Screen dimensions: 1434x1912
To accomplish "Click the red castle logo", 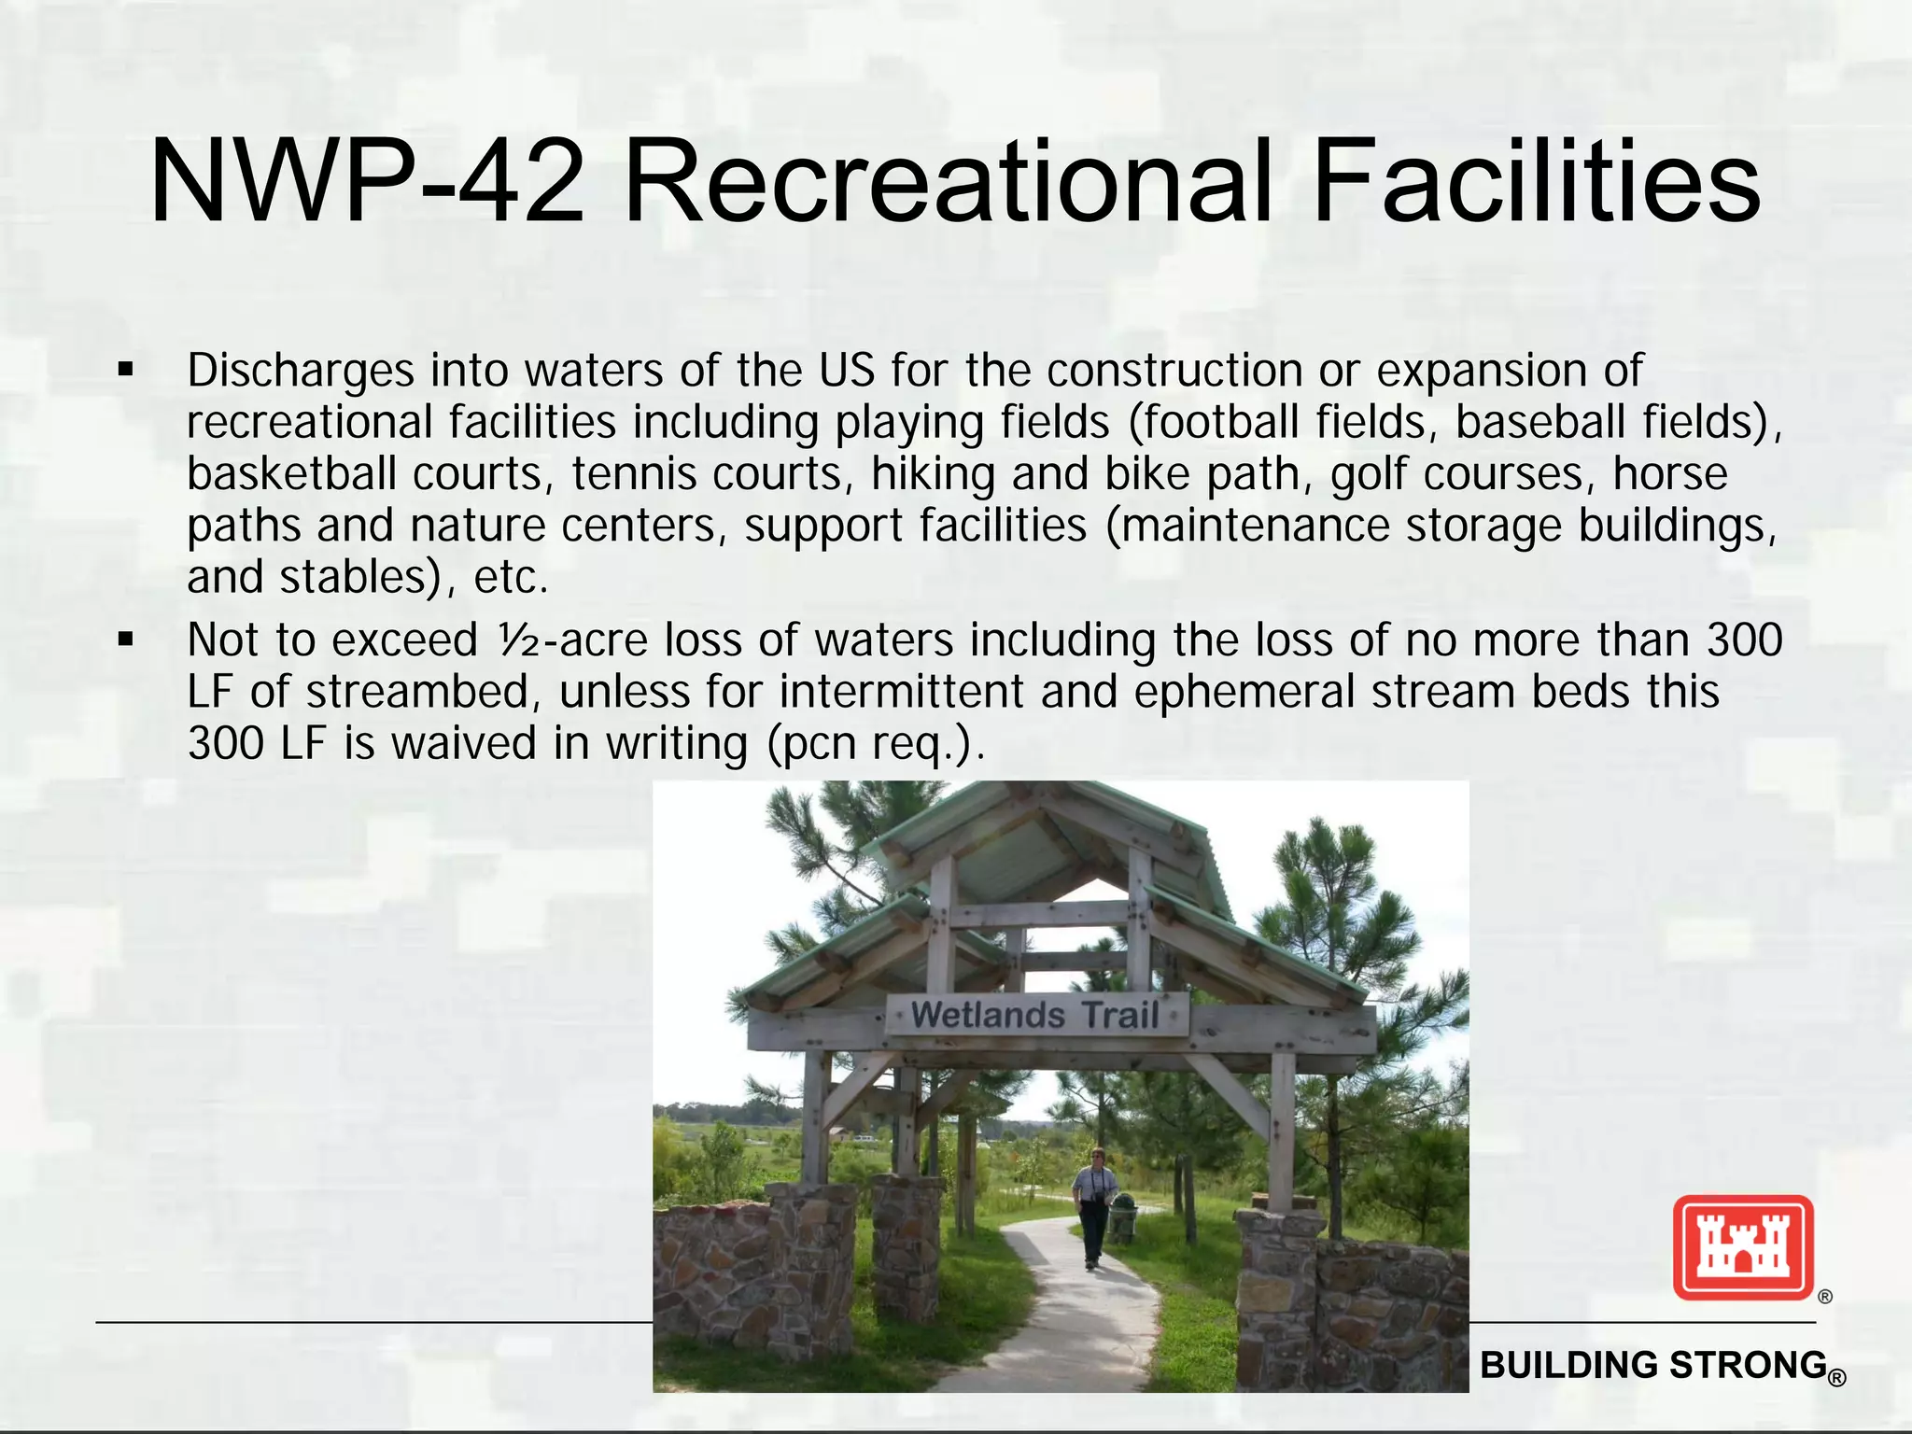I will point(1743,1248).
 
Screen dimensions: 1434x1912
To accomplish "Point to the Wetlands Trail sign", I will point(1035,1015).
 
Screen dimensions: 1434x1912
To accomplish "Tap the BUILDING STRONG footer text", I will point(1653,1365).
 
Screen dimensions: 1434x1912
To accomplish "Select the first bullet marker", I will point(126,371).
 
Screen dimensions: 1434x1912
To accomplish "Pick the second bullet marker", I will point(126,640).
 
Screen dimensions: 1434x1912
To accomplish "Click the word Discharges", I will point(300,371).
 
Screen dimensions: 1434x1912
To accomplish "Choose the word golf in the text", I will point(1361,474).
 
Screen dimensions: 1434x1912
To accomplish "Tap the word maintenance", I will point(1256,526).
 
